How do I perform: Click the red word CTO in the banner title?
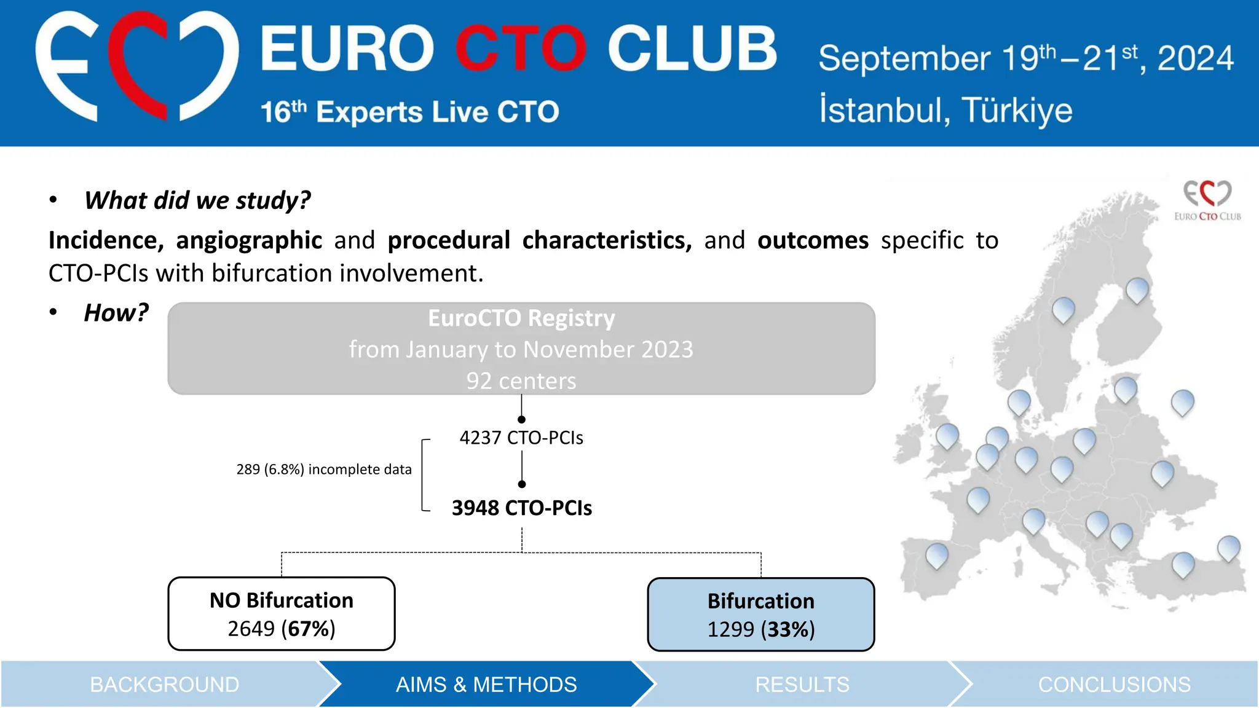[x=520, y=49]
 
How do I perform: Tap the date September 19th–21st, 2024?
[x=1025, y=59]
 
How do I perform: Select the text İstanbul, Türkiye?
[x=945, y=111]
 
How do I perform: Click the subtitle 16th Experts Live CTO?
[x=409, y=112]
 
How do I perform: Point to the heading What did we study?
[x=197, y=200]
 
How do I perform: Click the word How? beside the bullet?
[x=116, y=313]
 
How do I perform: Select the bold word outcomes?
[x=813, y=240]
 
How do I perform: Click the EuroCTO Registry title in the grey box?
[x=521, y=318]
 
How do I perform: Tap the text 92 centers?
[x=521, y=381]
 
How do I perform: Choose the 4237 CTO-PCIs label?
[x=521, y=438]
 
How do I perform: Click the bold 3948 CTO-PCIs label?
[x=521, y=508]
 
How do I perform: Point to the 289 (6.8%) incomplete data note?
[x=324, y=470]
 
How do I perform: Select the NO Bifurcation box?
[x=282, y=613]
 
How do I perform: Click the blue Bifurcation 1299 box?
[x=761, y=615]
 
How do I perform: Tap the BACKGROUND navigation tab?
[x=164, y=685]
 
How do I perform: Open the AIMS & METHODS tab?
[x=486, y=685]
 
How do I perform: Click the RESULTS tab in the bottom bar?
[x=802, y=685]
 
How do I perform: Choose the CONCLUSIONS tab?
[x=1114, y=685]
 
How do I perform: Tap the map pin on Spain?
[x=937, y=554]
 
